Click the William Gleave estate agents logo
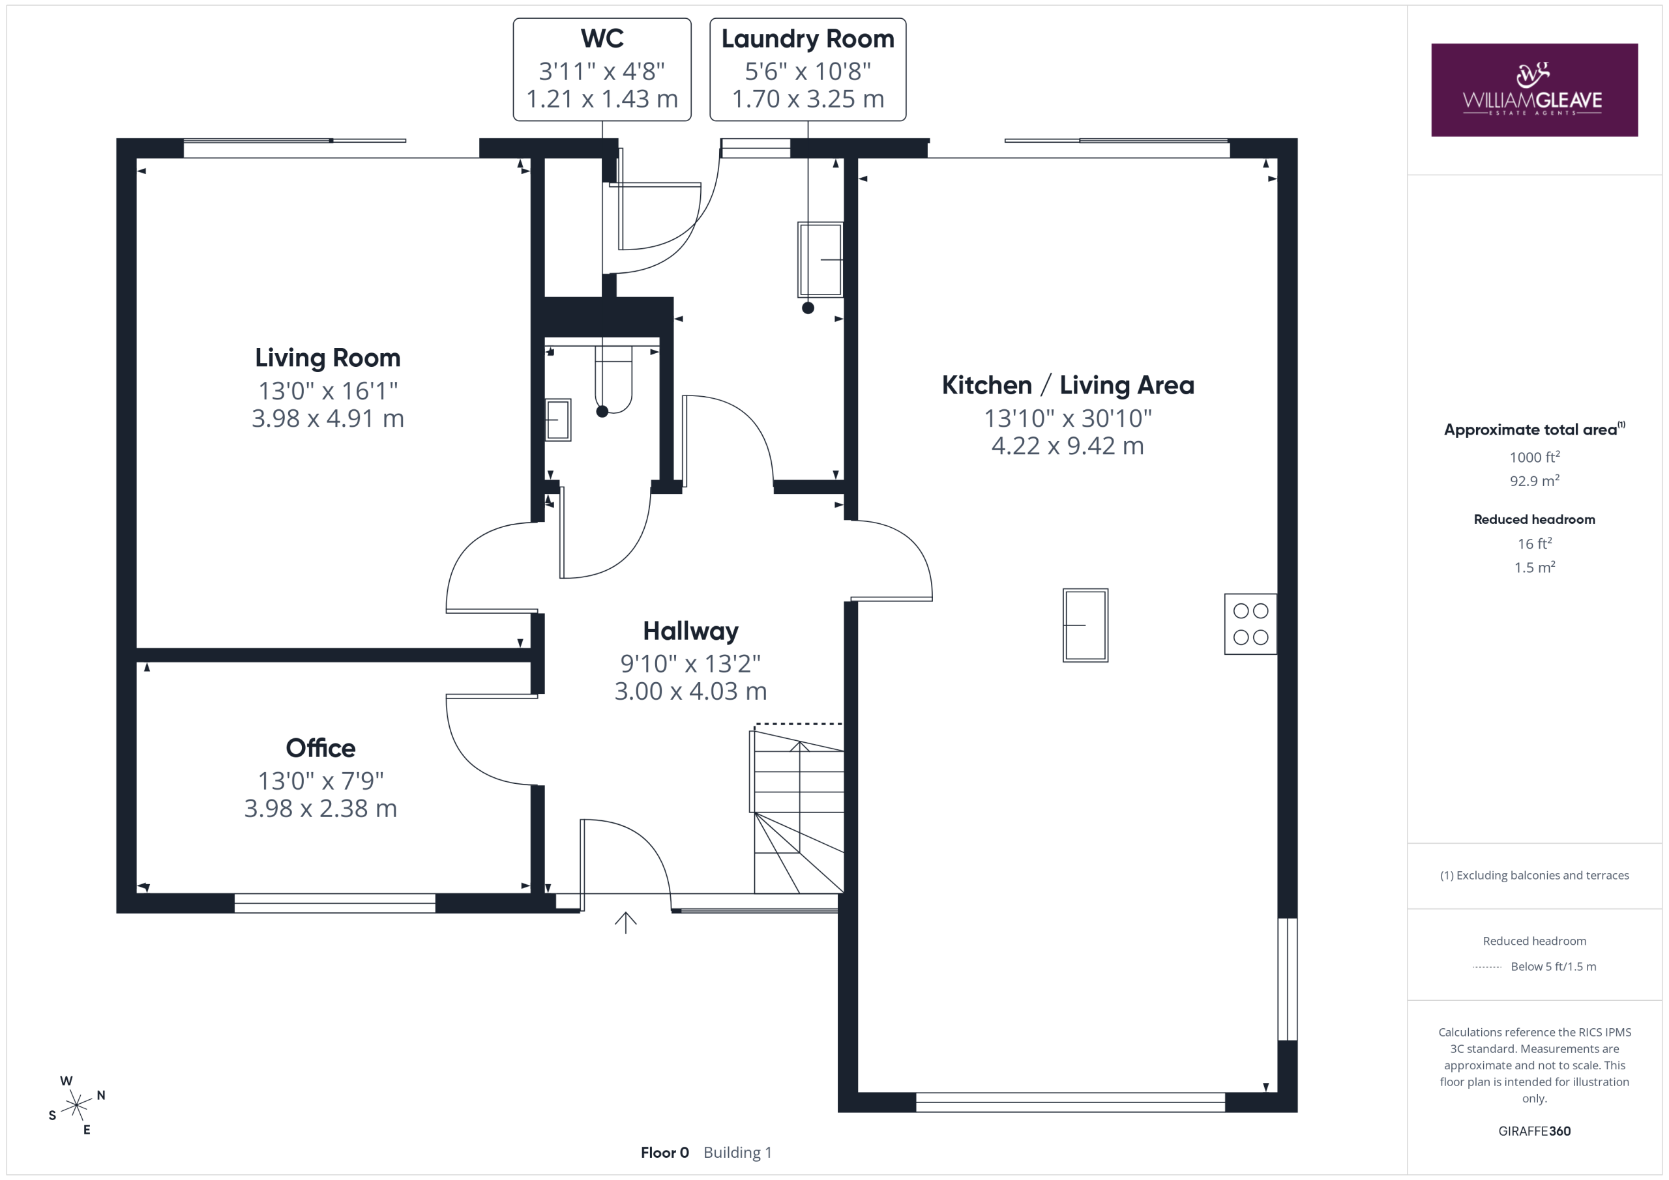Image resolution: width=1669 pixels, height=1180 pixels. pos(1534,90)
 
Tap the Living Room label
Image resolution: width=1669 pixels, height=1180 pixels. pos(328,358)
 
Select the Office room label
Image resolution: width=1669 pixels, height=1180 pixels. pos(321,747)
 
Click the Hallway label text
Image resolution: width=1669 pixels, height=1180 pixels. pos(690,631)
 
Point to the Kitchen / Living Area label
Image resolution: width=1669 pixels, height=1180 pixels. pos(1068,385)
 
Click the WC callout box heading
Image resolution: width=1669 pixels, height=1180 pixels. pos(602,38)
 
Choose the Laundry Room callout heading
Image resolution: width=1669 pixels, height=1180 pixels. pos(808,39)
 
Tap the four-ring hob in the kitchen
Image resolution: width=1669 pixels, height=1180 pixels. pos(1250,624)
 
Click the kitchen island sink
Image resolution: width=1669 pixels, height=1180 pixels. pos(1086,626)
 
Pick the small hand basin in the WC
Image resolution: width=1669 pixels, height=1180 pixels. pos(558,420)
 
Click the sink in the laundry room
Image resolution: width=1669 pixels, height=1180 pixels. pos(821,259)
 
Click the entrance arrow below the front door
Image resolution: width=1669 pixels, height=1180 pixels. pos(625,923)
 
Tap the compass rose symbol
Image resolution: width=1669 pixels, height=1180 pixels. pos(76,1105)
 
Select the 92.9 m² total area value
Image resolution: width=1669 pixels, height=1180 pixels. pos(1535,480)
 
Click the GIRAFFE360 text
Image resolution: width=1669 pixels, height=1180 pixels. pos(1535,1130)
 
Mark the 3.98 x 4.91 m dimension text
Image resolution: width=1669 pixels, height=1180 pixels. pos(328,418)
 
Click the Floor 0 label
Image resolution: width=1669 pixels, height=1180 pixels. pos(664,1153)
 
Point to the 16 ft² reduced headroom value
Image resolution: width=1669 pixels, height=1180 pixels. pos(1535,543)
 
